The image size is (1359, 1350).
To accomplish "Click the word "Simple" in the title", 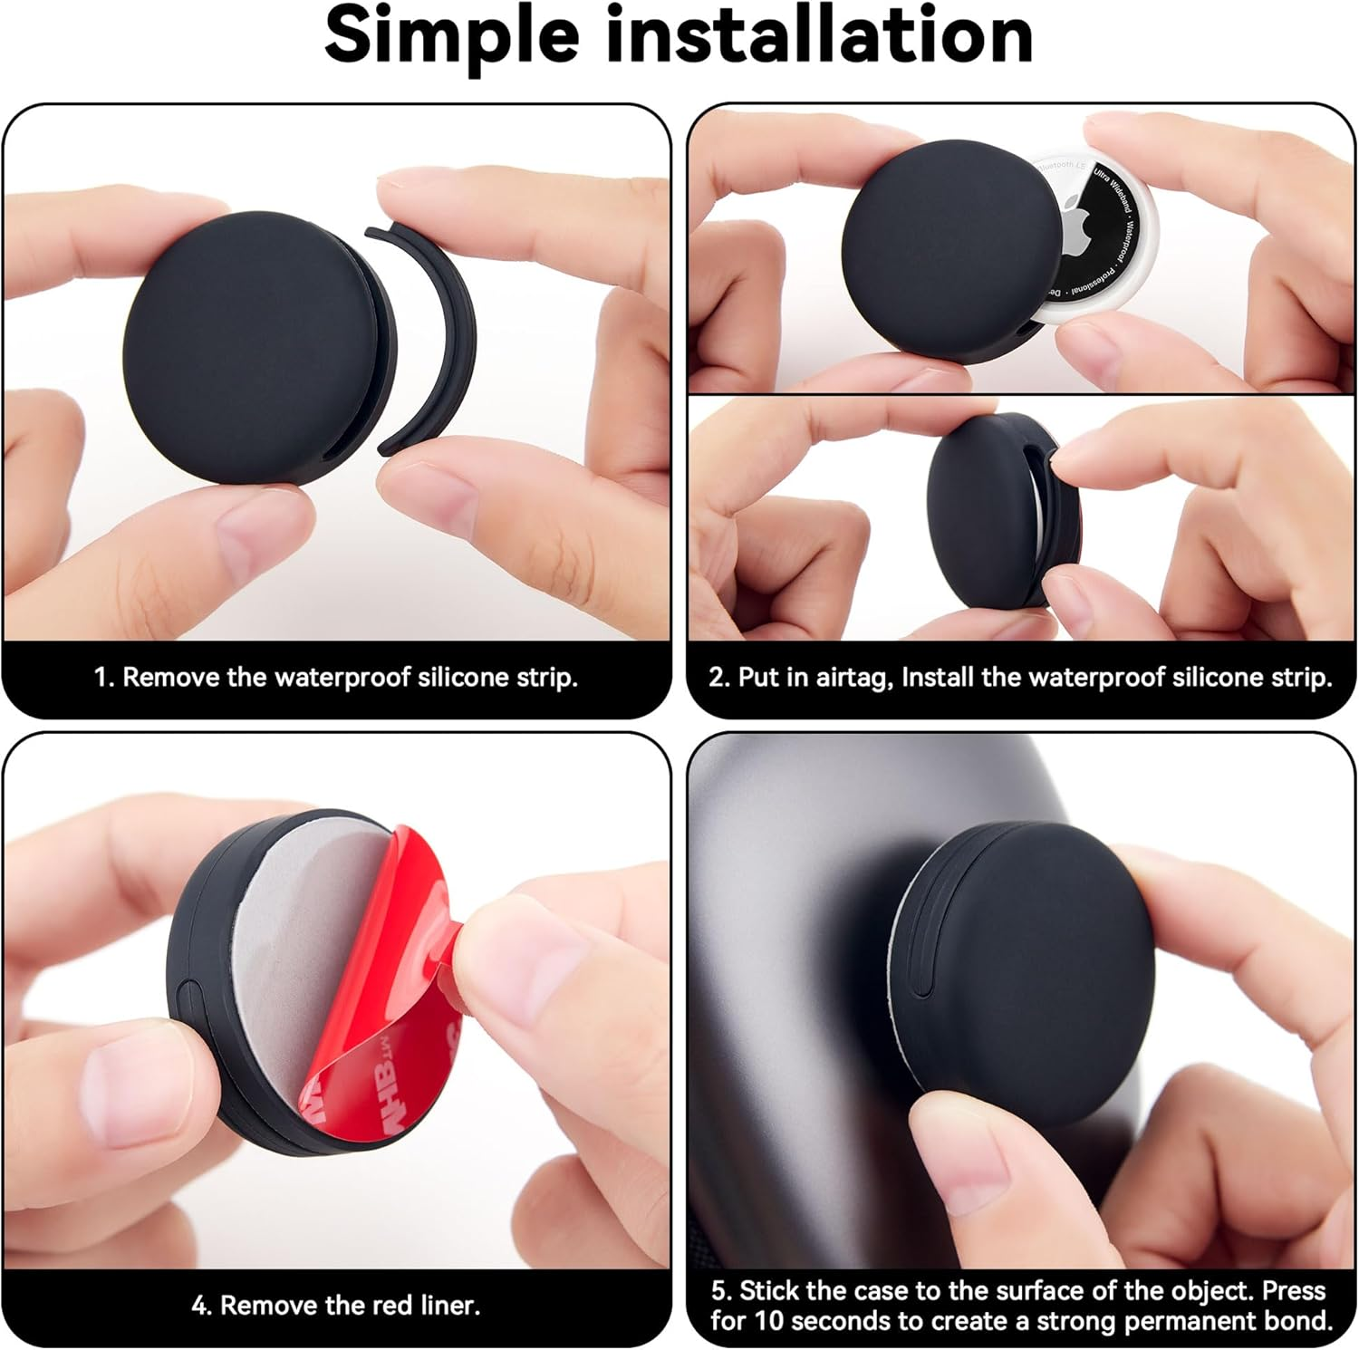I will (x=451, y=36).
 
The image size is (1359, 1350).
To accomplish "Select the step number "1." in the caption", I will (x=103, y=678).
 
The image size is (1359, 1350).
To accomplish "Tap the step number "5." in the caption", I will (x=722, y=1291).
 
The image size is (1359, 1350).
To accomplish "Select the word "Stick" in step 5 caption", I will (x=771, y=1291).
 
